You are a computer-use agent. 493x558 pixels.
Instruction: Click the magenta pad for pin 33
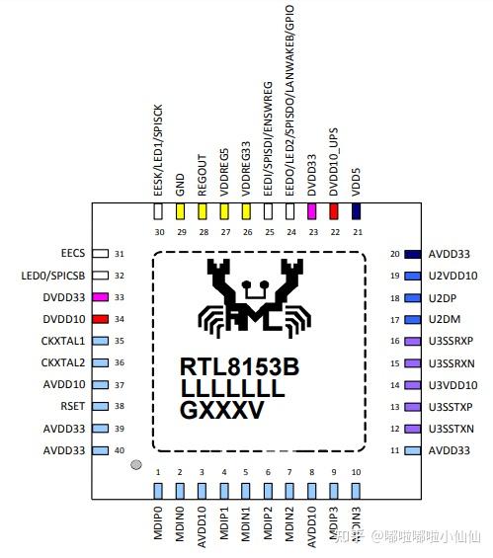pos(100,297)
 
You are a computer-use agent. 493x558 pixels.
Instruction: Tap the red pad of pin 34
pos(100,319)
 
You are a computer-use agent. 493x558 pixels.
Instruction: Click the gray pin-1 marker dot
pos(136,463)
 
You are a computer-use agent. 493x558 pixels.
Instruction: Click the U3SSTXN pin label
pos(454,428)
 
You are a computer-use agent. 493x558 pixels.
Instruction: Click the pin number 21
pos(356,233)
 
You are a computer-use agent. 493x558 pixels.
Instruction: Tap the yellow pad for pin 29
pos(181,210)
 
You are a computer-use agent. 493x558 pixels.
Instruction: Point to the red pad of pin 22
pos(334,210)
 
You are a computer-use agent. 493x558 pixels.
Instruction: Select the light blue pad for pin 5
pos(246,490)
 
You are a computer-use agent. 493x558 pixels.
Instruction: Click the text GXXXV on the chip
pos(222,410)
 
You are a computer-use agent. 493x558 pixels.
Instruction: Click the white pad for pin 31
pos(100,254)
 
